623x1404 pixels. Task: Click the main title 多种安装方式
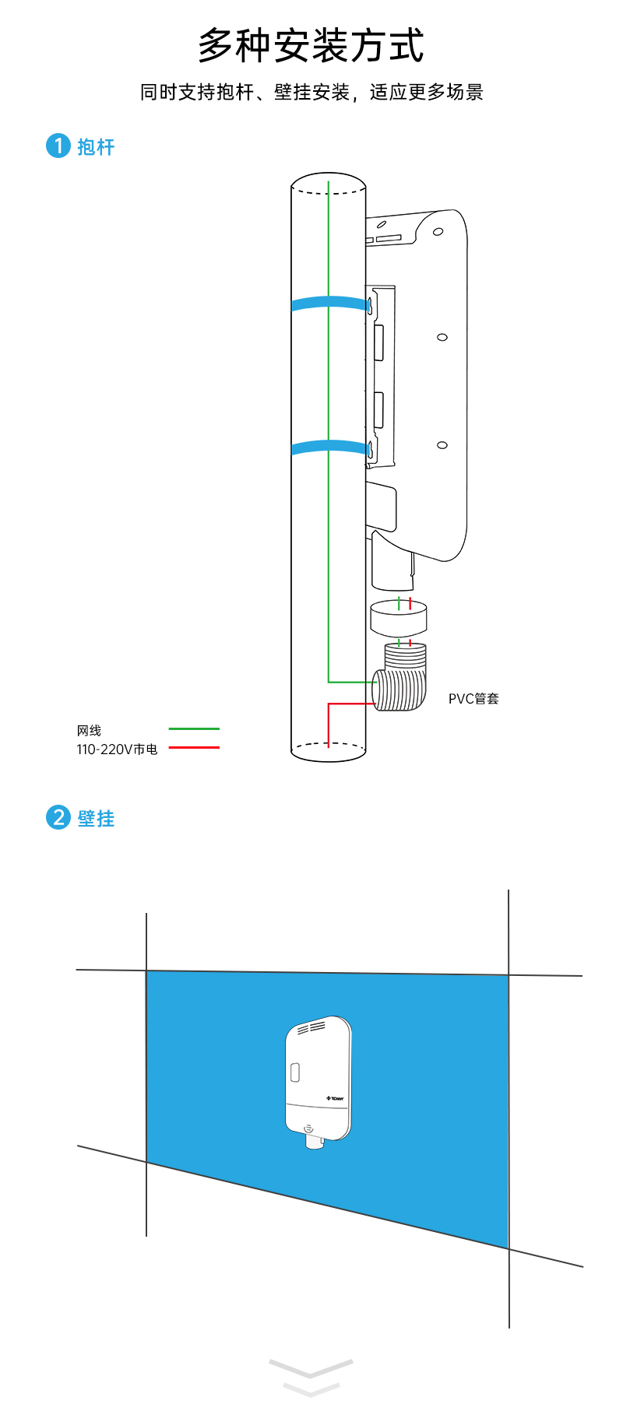311,45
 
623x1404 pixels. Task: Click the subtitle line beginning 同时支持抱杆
311,92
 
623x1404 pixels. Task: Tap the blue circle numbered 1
58,146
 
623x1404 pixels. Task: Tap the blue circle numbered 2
58,817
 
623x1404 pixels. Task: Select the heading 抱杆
96,146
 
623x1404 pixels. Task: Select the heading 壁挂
96,818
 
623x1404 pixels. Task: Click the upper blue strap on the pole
329,303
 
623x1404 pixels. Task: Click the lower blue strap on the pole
329,448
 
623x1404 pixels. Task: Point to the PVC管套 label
473,698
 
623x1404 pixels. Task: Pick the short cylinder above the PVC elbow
398,618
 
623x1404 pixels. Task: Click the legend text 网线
89,730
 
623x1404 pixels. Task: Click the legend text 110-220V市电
117,749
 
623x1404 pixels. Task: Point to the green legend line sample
194,729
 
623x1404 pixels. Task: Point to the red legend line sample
194,748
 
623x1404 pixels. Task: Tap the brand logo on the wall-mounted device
335,1098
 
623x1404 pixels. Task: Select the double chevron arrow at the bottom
311,1376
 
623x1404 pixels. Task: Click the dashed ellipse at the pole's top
329,183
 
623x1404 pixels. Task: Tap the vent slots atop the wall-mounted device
311,1028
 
